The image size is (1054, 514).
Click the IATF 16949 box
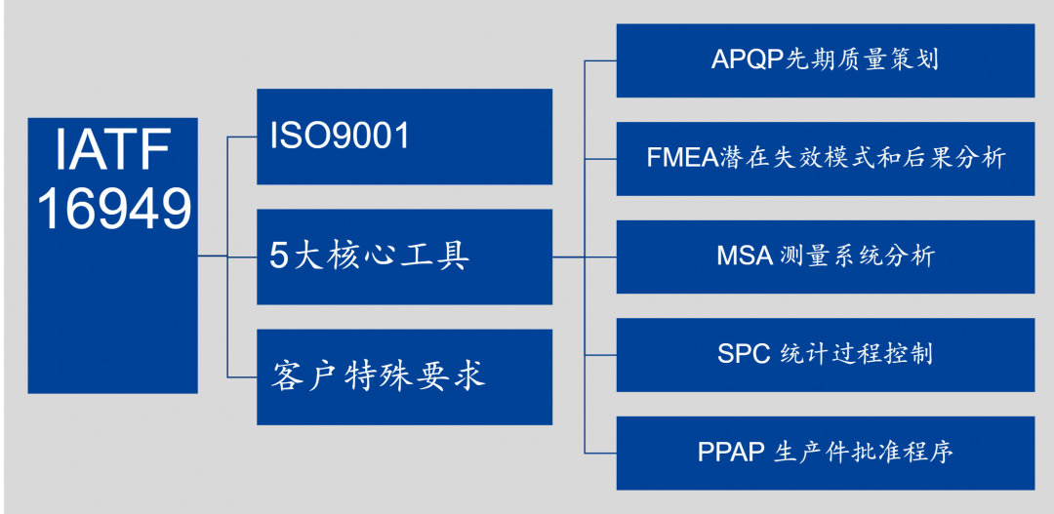point(113,256)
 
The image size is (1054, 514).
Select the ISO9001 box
point(405,137)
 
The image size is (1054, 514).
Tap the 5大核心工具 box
point(405,257)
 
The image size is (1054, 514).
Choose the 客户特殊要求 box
point(405,376)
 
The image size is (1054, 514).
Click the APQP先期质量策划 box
point(826,60)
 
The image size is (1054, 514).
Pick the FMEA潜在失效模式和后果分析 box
point(826,159)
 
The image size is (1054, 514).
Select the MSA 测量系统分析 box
point(826,257)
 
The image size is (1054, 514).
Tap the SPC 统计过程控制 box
point(826,355)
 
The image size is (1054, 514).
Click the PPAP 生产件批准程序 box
point(826,453)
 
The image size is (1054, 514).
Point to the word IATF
point(113,152)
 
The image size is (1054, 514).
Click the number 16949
point(114,209)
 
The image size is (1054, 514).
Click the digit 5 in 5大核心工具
point(279,257)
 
